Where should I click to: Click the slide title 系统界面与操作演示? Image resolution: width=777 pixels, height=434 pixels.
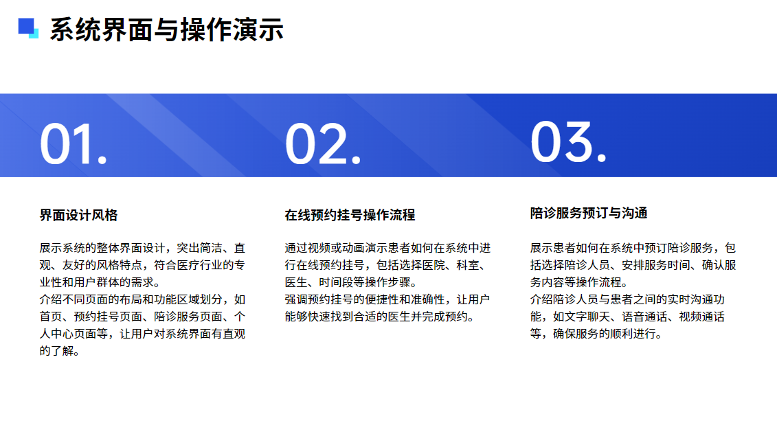166,30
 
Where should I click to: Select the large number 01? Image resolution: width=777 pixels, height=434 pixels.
74,144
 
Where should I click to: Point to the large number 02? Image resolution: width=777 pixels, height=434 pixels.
323,144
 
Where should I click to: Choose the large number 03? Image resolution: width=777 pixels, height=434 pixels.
568,141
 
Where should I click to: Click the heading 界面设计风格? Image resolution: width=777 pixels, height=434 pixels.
79,215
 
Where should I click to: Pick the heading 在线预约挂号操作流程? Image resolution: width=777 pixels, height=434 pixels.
350,215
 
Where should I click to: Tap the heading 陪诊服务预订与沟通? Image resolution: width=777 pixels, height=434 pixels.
589,213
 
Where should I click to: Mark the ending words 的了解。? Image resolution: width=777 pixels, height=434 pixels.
60,351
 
